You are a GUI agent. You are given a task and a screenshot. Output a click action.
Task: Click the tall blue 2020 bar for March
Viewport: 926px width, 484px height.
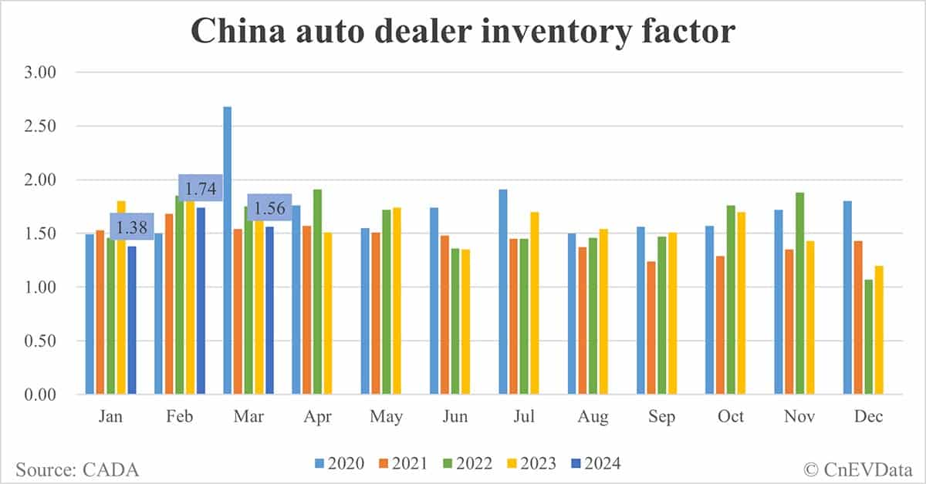click(x=228, y=250)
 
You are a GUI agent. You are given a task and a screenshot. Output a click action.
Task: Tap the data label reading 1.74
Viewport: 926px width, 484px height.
click(x=201, y=188)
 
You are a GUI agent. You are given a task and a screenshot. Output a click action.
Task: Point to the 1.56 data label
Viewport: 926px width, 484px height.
click(x=269, y=207)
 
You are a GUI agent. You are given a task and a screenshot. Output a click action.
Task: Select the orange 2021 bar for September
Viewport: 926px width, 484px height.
click(x=652, y=328)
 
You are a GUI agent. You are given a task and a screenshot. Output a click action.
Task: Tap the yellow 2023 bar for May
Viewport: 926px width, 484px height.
click(x=397, y=301)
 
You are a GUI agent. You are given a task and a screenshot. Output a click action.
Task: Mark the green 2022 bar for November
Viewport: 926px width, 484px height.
click(x=800, y=293)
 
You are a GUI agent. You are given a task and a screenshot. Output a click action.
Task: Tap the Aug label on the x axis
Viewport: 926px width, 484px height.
click(x=593, y=417)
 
